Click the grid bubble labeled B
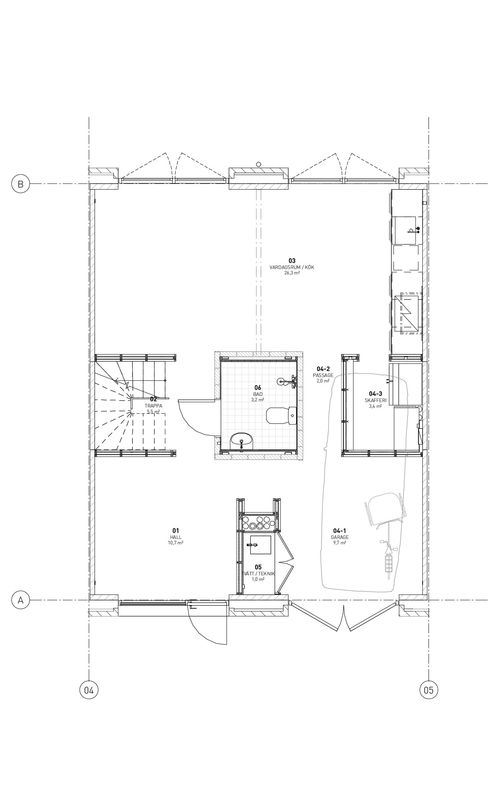[x=21, y=184]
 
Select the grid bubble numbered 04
[x=89, y=690]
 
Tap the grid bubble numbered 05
[x=429, y=690]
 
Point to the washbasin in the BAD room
[x=242, y=441]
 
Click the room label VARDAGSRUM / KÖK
[x=292, y=267]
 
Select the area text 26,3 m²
[x=292, y=273]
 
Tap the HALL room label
[x=176, y=537]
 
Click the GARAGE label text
[x=340, y=537]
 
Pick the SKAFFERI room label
[x=375, y=401]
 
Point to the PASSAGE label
[x=323, y=375]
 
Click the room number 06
[x=258, y=388]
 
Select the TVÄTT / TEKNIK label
[x=258, y=573]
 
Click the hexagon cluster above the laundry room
[x=258, y=523]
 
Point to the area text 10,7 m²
[x=176, y=543]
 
